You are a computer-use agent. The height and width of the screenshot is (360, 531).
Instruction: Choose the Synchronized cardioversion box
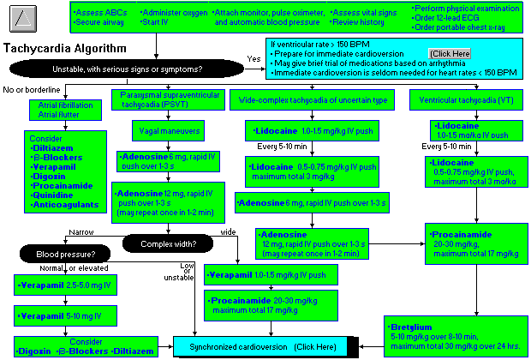[x=265, y=346]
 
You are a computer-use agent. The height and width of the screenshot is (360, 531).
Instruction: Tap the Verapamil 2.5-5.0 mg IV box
[x=58, y=284]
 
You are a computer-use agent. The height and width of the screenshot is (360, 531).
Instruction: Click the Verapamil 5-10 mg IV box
[x=58, y=316]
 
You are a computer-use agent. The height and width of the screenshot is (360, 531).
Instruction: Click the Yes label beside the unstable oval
[x=253, y=58]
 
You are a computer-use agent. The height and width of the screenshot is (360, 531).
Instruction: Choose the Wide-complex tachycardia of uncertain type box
[x=320, y=101]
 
